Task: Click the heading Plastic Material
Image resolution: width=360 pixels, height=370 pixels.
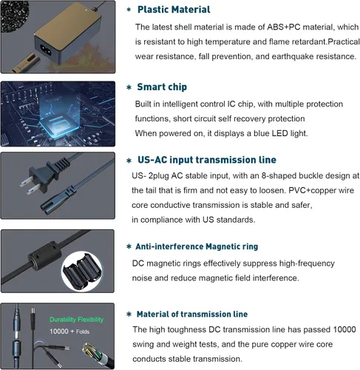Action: (x=174, y=10)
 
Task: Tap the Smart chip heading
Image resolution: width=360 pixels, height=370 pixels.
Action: (x=162, y=87)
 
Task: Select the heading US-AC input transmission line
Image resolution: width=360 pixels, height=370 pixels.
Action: (x=207, y=160)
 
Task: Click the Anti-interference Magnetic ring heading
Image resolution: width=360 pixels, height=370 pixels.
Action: (x=197, y=246)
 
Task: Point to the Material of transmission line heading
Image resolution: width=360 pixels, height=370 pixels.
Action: (x=192, y=314)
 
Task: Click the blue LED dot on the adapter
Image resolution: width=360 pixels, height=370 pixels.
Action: (x=86, y=10)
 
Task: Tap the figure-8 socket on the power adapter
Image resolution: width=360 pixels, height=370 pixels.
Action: (x=45, y=49)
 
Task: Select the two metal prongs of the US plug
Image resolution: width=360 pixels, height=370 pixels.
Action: (x=29, y=185)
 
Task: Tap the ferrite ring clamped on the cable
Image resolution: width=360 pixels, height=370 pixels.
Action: (x=45, y=255)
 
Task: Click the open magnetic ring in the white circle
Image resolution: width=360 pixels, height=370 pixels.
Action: (x=82, y=271)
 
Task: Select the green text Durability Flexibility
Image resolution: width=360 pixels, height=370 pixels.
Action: (x=76, y=320)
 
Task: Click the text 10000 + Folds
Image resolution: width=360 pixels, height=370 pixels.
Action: (x=69, y=332)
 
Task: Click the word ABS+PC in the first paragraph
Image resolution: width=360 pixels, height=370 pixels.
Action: (x=284, y=27)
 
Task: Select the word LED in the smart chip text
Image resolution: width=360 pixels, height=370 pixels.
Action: (x=279, y=133)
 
